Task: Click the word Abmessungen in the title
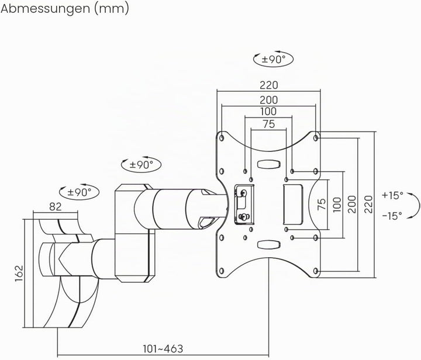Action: (x=46, y=9)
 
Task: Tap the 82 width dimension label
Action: (x=56, y=206)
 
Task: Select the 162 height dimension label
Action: (x=19, y=274)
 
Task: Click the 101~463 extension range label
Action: (x=163, y=349)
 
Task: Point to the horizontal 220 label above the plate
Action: (x=269, y=85)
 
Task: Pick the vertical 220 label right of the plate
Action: (x=368, y=205)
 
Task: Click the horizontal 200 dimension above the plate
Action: (x=269, y=100)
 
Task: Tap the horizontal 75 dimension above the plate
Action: (x=269, y=124)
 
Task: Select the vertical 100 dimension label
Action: (x=337, y=205)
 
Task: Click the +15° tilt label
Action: (x=392, y=195)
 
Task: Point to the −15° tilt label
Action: (x=392, y=216)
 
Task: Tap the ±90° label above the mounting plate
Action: (x=273, y=59)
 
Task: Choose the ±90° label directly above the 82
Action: (x=79, y=192)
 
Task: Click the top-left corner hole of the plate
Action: (x=222, y=138)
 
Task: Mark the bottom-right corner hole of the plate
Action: (x=316, y=271)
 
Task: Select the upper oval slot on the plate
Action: (x=269, y=164)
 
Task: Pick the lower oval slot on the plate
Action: (x=269, y=244)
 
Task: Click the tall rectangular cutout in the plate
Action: (x=293, y=205)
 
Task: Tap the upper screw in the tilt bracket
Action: (x=244, y=192)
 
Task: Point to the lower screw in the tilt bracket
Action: (x=244, y=216)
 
